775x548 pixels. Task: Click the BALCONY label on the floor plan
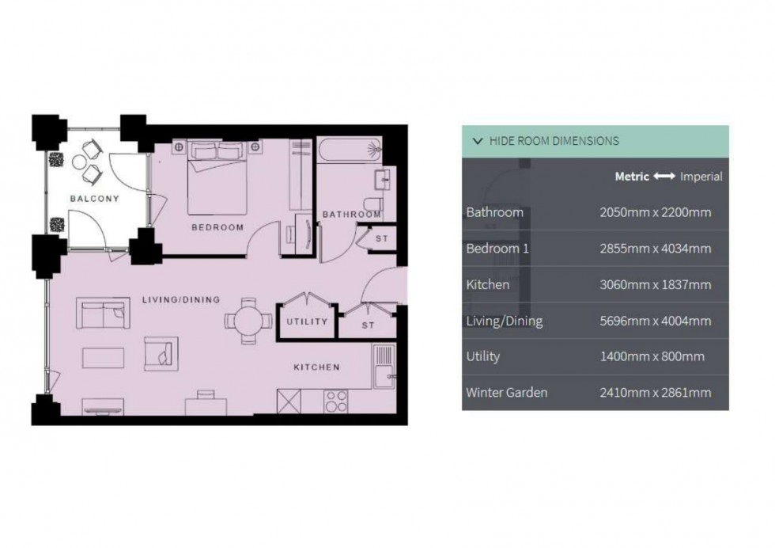click(94, 199)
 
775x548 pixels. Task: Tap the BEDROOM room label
click(217, 228)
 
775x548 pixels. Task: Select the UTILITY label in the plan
click(307, 322)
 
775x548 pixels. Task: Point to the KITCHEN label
click(317, 367)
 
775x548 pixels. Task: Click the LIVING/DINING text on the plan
click(181, 300)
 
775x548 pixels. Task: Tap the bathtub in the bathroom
click(350, 150)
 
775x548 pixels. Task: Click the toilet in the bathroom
click(373, 203)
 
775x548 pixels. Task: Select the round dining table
click(248, 322)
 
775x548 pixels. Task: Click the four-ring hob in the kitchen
click(336, 401)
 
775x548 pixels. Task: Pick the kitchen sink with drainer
click(384, 367)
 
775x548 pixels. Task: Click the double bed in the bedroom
click(217, 178)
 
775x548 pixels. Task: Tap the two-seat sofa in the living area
click(103, 313)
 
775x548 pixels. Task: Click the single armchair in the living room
click(161, 354)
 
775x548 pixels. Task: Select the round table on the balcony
click(80, 162)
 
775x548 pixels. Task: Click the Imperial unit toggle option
click(701, 177)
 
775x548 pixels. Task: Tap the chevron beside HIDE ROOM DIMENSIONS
click(478, 141)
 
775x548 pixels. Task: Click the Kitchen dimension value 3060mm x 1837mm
click(656, 284)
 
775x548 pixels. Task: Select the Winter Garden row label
click(507, 393)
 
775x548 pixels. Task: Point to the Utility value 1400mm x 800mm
click(652, 356)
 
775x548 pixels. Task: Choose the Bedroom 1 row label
click(497, 249)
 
